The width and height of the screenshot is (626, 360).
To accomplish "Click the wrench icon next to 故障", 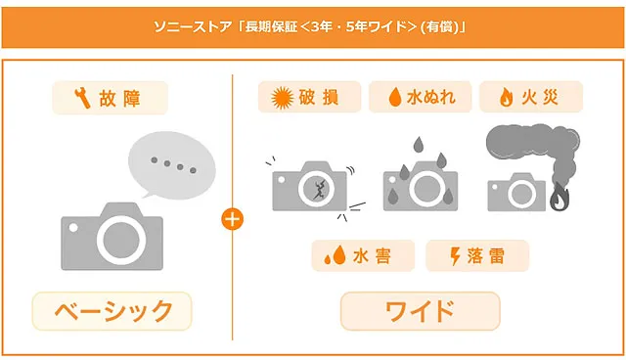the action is click(x=82, y=98).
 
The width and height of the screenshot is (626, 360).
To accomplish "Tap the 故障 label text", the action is click(x=119, y=98).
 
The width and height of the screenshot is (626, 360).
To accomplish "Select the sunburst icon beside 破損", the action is click(x=283, y=98).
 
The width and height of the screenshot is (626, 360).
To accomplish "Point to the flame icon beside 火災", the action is click(x=506, y=98).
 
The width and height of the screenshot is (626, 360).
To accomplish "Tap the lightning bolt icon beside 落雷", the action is click(x=455, y=256).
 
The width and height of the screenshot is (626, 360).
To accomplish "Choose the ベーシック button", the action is click(x=112, y=311).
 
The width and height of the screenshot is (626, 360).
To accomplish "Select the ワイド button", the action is click(x=420, y=311).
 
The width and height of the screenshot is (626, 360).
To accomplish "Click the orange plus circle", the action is click(x=233, y=219).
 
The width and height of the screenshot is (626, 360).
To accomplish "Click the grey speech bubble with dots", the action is click(x=172, y=164).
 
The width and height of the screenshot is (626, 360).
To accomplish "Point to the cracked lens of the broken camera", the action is click(x=316, y=189).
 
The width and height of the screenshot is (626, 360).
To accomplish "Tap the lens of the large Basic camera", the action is click(x=121, y=240).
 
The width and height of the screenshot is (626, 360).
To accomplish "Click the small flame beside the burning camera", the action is click(x=559, y=197).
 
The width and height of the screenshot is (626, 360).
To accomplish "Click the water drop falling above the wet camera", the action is click(x=418, y=144).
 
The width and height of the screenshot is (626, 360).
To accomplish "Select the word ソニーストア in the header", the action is click(x=193, y=27).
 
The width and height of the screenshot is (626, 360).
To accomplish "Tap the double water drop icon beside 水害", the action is click(x=335, y=255).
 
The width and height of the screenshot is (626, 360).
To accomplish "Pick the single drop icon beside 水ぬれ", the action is click(x=395, y=97).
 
